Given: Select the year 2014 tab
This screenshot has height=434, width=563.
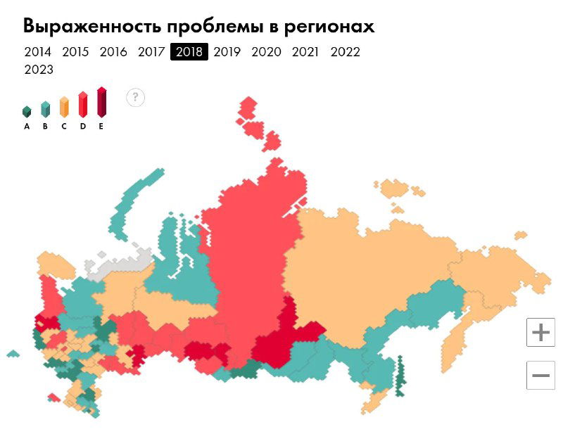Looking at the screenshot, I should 37,52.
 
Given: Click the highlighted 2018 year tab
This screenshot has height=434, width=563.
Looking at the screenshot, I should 189,52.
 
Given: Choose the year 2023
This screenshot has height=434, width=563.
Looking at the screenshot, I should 39,70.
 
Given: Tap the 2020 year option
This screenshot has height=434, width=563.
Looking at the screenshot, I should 266,52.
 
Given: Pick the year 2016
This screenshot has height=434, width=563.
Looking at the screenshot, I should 113,52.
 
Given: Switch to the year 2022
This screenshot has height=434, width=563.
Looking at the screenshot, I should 345,52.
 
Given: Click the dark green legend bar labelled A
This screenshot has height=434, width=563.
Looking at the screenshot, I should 27,112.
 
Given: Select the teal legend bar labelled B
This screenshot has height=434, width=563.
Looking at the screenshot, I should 45,109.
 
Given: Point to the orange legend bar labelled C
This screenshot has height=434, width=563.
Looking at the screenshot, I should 64,107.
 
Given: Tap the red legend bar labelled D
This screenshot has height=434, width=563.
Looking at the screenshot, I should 82,105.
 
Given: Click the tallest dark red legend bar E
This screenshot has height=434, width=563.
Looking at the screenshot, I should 101,103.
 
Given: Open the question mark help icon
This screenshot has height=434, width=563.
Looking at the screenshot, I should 136,97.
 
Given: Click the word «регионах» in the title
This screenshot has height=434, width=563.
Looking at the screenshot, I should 329,26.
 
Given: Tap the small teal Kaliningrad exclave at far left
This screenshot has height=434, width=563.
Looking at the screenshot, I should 13,353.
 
